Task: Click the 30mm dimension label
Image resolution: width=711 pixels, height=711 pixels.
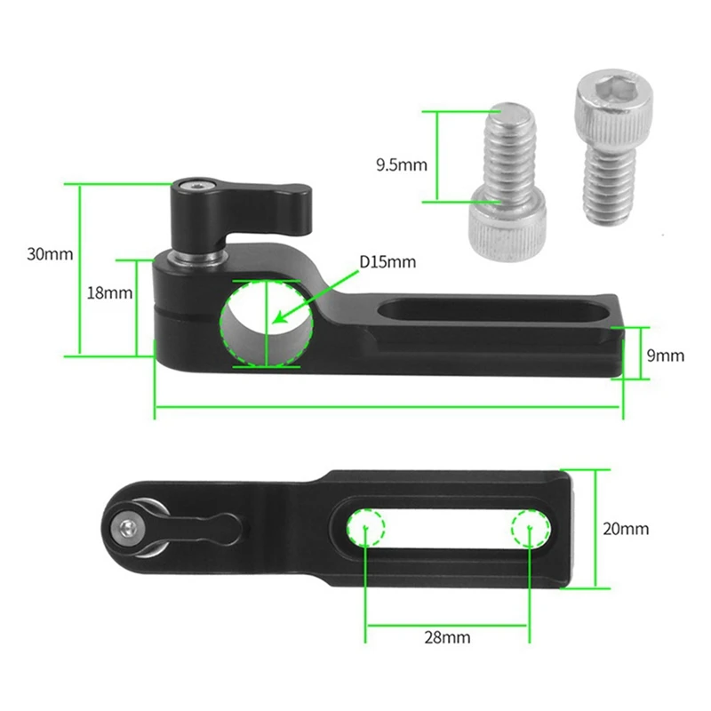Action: pyautogui.click(x=50, y=254)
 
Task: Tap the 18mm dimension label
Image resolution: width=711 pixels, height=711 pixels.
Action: pyautogui.click(x=109, y=293)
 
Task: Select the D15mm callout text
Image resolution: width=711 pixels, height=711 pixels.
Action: pyautogui.click(x=387, y=262)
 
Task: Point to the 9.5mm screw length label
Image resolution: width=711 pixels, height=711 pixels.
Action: pyautogui.click(x=402, y=164)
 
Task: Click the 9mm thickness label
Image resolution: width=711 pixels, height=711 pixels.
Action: pyautogui.click(x=666, y=355)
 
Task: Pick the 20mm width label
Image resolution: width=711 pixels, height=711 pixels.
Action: pyautogui.click(x=626, y=529)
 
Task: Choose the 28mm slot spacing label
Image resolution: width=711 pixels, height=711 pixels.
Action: pyautogui.click(x=447, y=637)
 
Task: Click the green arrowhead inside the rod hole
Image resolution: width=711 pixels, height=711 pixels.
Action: pyautogui.click(x=280, y=316)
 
